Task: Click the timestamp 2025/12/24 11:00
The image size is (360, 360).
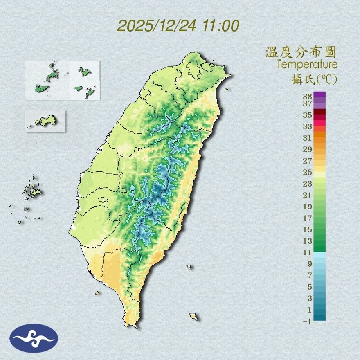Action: (178, 25)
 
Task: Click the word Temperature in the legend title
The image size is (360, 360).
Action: (307, 65)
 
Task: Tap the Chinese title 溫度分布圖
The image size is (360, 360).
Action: (301, 52)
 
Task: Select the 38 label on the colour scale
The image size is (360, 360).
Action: (307, 97)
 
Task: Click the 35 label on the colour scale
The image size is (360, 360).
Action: (307, 115)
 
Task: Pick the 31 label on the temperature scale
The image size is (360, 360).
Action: (307, 138)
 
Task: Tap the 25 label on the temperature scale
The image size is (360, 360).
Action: (307, 172)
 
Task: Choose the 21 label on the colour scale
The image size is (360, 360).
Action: (307, 195)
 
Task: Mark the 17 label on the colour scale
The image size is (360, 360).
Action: (307, 218)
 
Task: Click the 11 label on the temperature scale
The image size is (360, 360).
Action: (307, 252)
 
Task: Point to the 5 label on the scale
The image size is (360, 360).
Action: (309, 287)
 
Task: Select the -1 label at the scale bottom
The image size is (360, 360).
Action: (307, 321)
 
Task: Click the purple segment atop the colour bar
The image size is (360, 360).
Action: (320, 94)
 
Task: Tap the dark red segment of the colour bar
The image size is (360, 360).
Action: (320, 112)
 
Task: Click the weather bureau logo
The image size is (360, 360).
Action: (34, 338)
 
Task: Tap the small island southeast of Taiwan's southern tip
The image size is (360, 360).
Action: (194, 316)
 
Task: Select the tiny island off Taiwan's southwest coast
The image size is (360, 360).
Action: (97, 292)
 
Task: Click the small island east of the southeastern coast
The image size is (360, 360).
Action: (189, 267)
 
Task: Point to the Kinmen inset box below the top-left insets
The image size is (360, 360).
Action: (45, 121)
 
